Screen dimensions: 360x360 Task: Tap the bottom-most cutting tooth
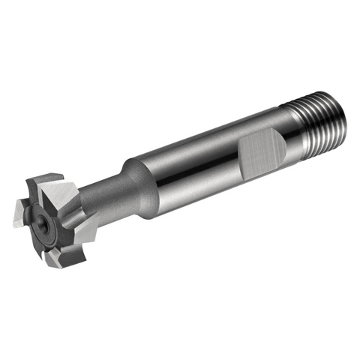[x=64, y=259]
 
